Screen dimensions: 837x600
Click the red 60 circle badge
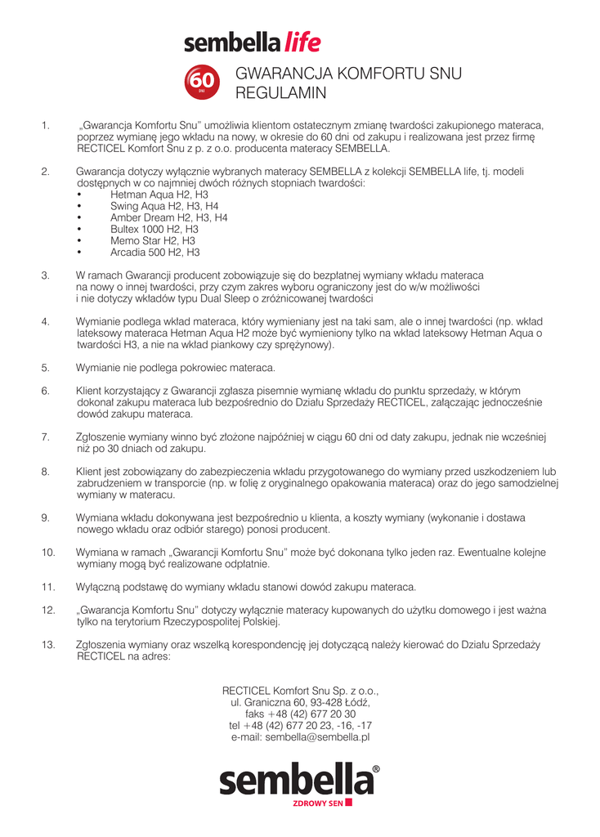point(201,80)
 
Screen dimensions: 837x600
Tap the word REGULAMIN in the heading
point(281,94)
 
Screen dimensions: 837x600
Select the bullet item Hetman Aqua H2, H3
point(159,195)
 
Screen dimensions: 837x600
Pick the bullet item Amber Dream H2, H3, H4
point(168,218)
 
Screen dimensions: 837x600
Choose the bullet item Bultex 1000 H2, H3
point(154,230)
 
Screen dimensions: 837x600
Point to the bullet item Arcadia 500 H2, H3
point(154,253)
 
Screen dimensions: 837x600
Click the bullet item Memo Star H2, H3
point(152,241)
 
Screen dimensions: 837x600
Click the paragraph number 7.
point(45,437)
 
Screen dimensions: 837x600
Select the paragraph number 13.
point(47,644)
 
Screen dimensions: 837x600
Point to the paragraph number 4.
point(45,321)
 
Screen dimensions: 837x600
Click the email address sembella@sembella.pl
point(300,736)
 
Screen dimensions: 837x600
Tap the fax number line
point(300,714)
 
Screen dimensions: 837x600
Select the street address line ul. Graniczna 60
point(300,702)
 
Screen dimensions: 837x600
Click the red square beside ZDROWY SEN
point(348,803)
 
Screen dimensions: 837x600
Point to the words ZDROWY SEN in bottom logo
point(318,803)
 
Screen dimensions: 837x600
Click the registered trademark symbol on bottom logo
point(375,769)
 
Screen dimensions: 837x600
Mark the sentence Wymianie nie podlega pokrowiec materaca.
point(176,367)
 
